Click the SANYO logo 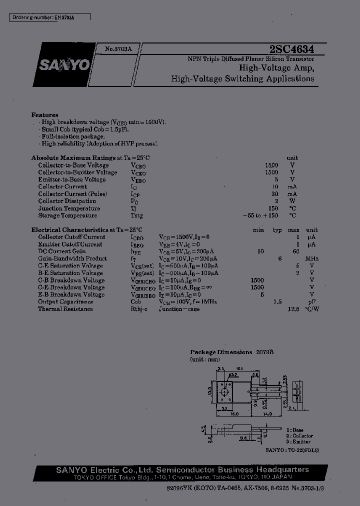click(x=63, y=65)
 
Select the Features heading click(x=44, y=114)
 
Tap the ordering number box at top click(x=50, y=17)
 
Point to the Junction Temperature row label click(x=69, y=208)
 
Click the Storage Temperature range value click(x=260, y=215)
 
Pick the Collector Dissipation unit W click(x=292, y=201)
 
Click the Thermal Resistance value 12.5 click(x=293, y=309)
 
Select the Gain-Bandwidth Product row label click(x=72, y=258)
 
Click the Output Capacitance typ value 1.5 click(x=277, y=302)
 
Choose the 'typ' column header click(x=277, y=230)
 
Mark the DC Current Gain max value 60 click(x=296, y=251)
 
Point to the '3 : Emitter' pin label click(x=298, y=442)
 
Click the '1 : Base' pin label click(x=295, y=430)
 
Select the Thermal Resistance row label click(x=65, y=309)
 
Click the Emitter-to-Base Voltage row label click(x=71, y=179)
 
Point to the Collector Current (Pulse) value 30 click(x=274, y=194)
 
